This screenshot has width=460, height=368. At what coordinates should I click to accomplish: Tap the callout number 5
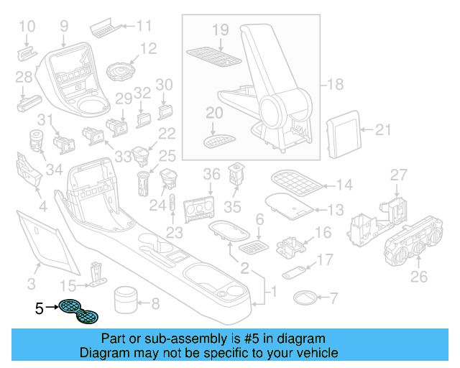pos(40,309)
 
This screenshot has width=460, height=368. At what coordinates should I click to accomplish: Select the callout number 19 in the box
pos(220,29)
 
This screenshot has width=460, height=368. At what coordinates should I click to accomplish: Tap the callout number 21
pos(384,129)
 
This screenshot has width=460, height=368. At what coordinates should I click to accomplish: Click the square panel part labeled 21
pos(344,132)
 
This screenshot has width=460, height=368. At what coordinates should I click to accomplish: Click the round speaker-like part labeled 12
pos(120,72)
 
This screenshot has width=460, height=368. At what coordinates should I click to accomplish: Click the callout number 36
pos(211,175)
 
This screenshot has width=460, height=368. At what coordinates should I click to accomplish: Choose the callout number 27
pos(398,175)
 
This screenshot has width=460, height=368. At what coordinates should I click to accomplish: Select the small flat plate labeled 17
pos(292,274)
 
